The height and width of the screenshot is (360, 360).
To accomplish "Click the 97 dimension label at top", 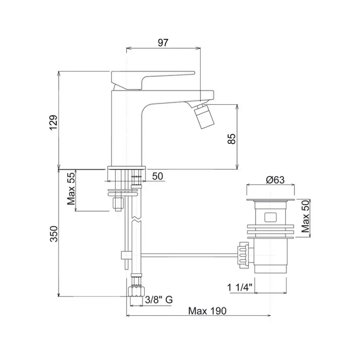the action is (163, 43).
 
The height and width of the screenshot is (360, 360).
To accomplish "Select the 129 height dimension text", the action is (54, 122).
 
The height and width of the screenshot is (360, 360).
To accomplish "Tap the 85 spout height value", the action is (232, 139).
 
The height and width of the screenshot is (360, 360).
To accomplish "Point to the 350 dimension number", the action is (54, 234).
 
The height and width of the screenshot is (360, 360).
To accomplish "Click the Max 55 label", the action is (71, 189).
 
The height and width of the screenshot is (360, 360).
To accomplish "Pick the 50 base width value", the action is (158, 176).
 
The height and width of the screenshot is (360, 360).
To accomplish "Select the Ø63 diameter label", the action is (275, 180).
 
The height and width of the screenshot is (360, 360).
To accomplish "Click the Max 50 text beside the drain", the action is (305, 216).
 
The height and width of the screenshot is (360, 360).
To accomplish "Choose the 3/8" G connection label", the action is (159, 300).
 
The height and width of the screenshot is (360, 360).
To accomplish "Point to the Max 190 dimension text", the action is (207, 311).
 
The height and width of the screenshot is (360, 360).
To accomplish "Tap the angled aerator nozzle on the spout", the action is (204, 116).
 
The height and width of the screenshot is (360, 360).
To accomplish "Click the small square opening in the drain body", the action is (270, 217).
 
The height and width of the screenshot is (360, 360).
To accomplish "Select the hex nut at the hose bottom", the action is (136, 291).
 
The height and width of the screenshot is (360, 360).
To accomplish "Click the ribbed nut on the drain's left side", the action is (243, 255).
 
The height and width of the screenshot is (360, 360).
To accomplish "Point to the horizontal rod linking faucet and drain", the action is (190, 255).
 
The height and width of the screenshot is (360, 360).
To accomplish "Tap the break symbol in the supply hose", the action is (136, 219).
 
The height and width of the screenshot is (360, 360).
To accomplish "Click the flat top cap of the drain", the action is (270, 200).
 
